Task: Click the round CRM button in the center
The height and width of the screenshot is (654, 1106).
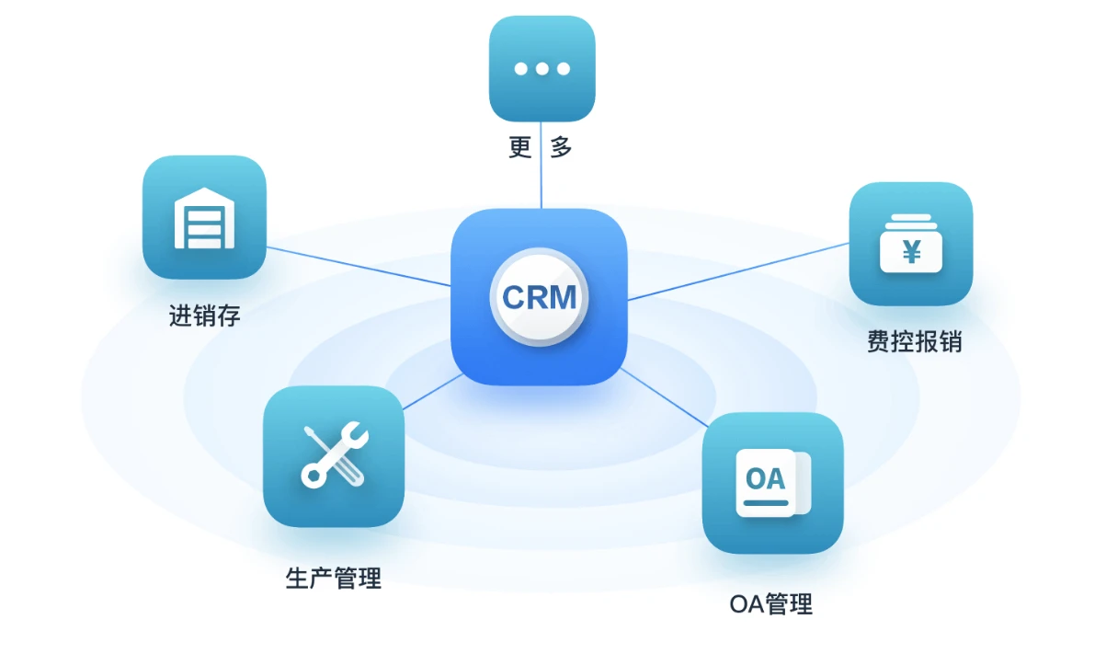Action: [540, 297]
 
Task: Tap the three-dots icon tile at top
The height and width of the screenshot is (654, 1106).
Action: [542, 69]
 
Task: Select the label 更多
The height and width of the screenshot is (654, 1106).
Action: [541, 147]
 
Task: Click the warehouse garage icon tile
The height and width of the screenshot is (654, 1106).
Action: [204, 218]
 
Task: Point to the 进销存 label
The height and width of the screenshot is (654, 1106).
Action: [204, 316]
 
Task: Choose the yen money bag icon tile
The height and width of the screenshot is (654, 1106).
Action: [910, 244]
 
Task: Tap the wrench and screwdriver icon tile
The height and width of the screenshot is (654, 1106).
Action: [334, 456]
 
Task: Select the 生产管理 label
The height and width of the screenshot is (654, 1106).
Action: [333, 579]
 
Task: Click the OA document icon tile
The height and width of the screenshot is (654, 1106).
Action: [772, 483]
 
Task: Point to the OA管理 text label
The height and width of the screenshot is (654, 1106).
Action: [770, 604]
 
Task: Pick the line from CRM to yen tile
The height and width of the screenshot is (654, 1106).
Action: [735, 272]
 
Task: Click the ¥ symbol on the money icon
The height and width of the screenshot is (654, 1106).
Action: [911, 250]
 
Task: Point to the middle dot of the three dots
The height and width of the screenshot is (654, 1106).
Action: [542, 69]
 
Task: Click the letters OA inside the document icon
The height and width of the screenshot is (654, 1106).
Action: [765, 479]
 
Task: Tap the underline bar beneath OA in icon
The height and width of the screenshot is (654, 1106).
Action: [766, 503]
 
